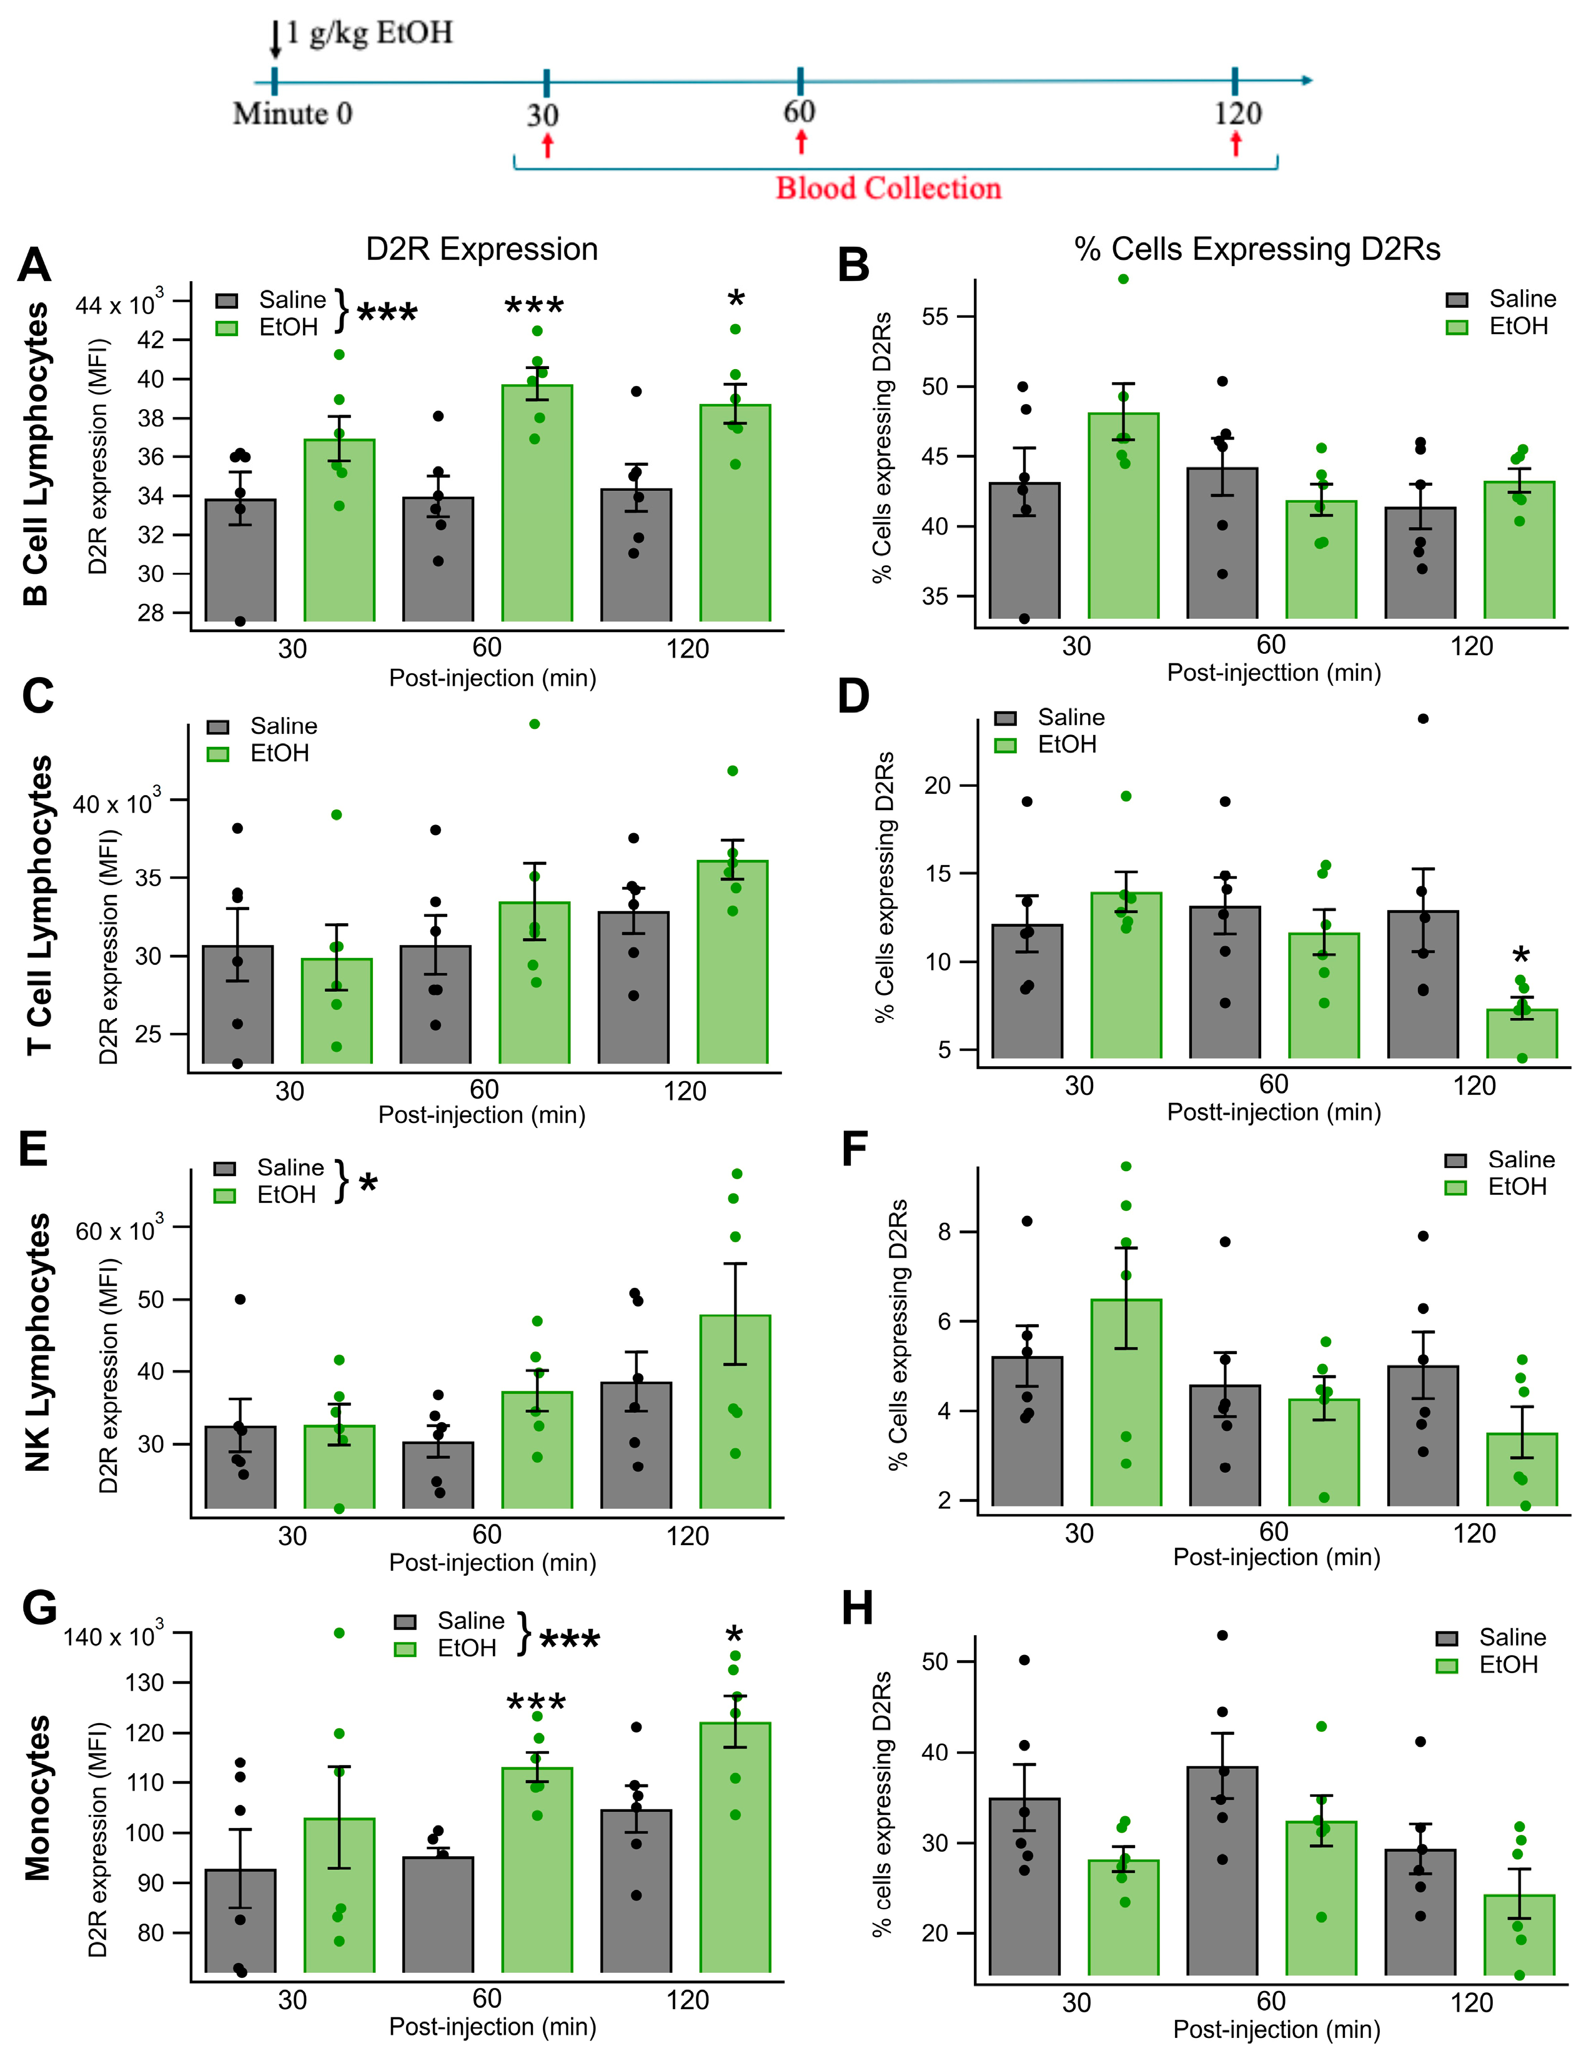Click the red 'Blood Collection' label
point(888,188)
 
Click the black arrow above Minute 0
point(275,39)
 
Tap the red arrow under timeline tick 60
point(801,142)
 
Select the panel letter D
point(853,697)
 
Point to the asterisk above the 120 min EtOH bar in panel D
point(1520,957)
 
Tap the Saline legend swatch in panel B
point(1457,300)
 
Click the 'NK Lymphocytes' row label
point(37,1343)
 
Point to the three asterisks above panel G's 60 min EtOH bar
point(536,1704)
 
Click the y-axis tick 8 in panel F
point(944,1231)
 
